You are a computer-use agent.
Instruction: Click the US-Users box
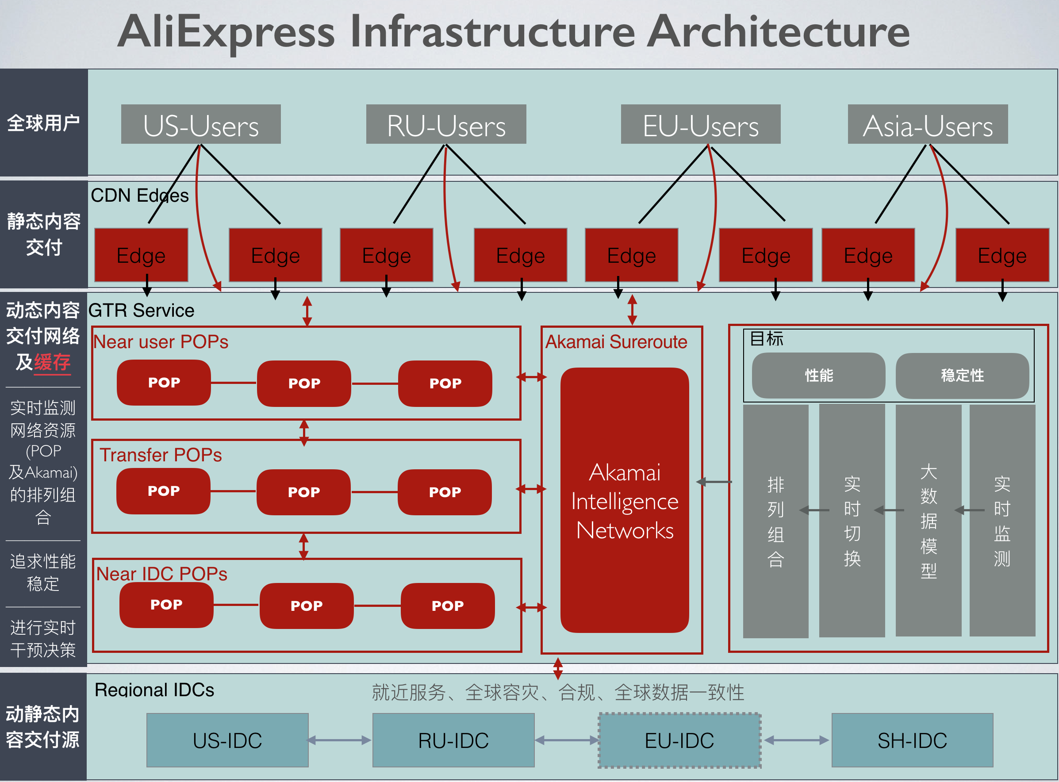point(201,124)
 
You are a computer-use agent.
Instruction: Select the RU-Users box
point(446,124)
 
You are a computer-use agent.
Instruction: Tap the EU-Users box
point(701,124)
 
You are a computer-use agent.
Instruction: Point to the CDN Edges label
point(140,195)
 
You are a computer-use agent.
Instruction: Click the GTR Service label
point(141,310)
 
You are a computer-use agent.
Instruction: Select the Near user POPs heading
point(161,342)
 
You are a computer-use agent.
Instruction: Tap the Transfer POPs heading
point(161,455)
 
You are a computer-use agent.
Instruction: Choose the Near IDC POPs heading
point(161,574)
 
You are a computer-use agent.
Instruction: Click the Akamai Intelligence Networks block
point(625,501)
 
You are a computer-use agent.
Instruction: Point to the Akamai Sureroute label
point(616,342)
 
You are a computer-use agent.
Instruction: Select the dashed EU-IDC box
point(679,741)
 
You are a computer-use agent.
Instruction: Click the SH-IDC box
point(912,741)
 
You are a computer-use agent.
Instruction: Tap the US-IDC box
point(227,741)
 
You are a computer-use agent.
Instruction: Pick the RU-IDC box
point(453,741)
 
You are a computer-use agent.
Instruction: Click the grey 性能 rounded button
point(818,376)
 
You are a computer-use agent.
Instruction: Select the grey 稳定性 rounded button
point(962,376)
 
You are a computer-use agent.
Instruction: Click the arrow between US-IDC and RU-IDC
point(340,740)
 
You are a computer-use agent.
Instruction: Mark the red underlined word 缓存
point(52,363)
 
